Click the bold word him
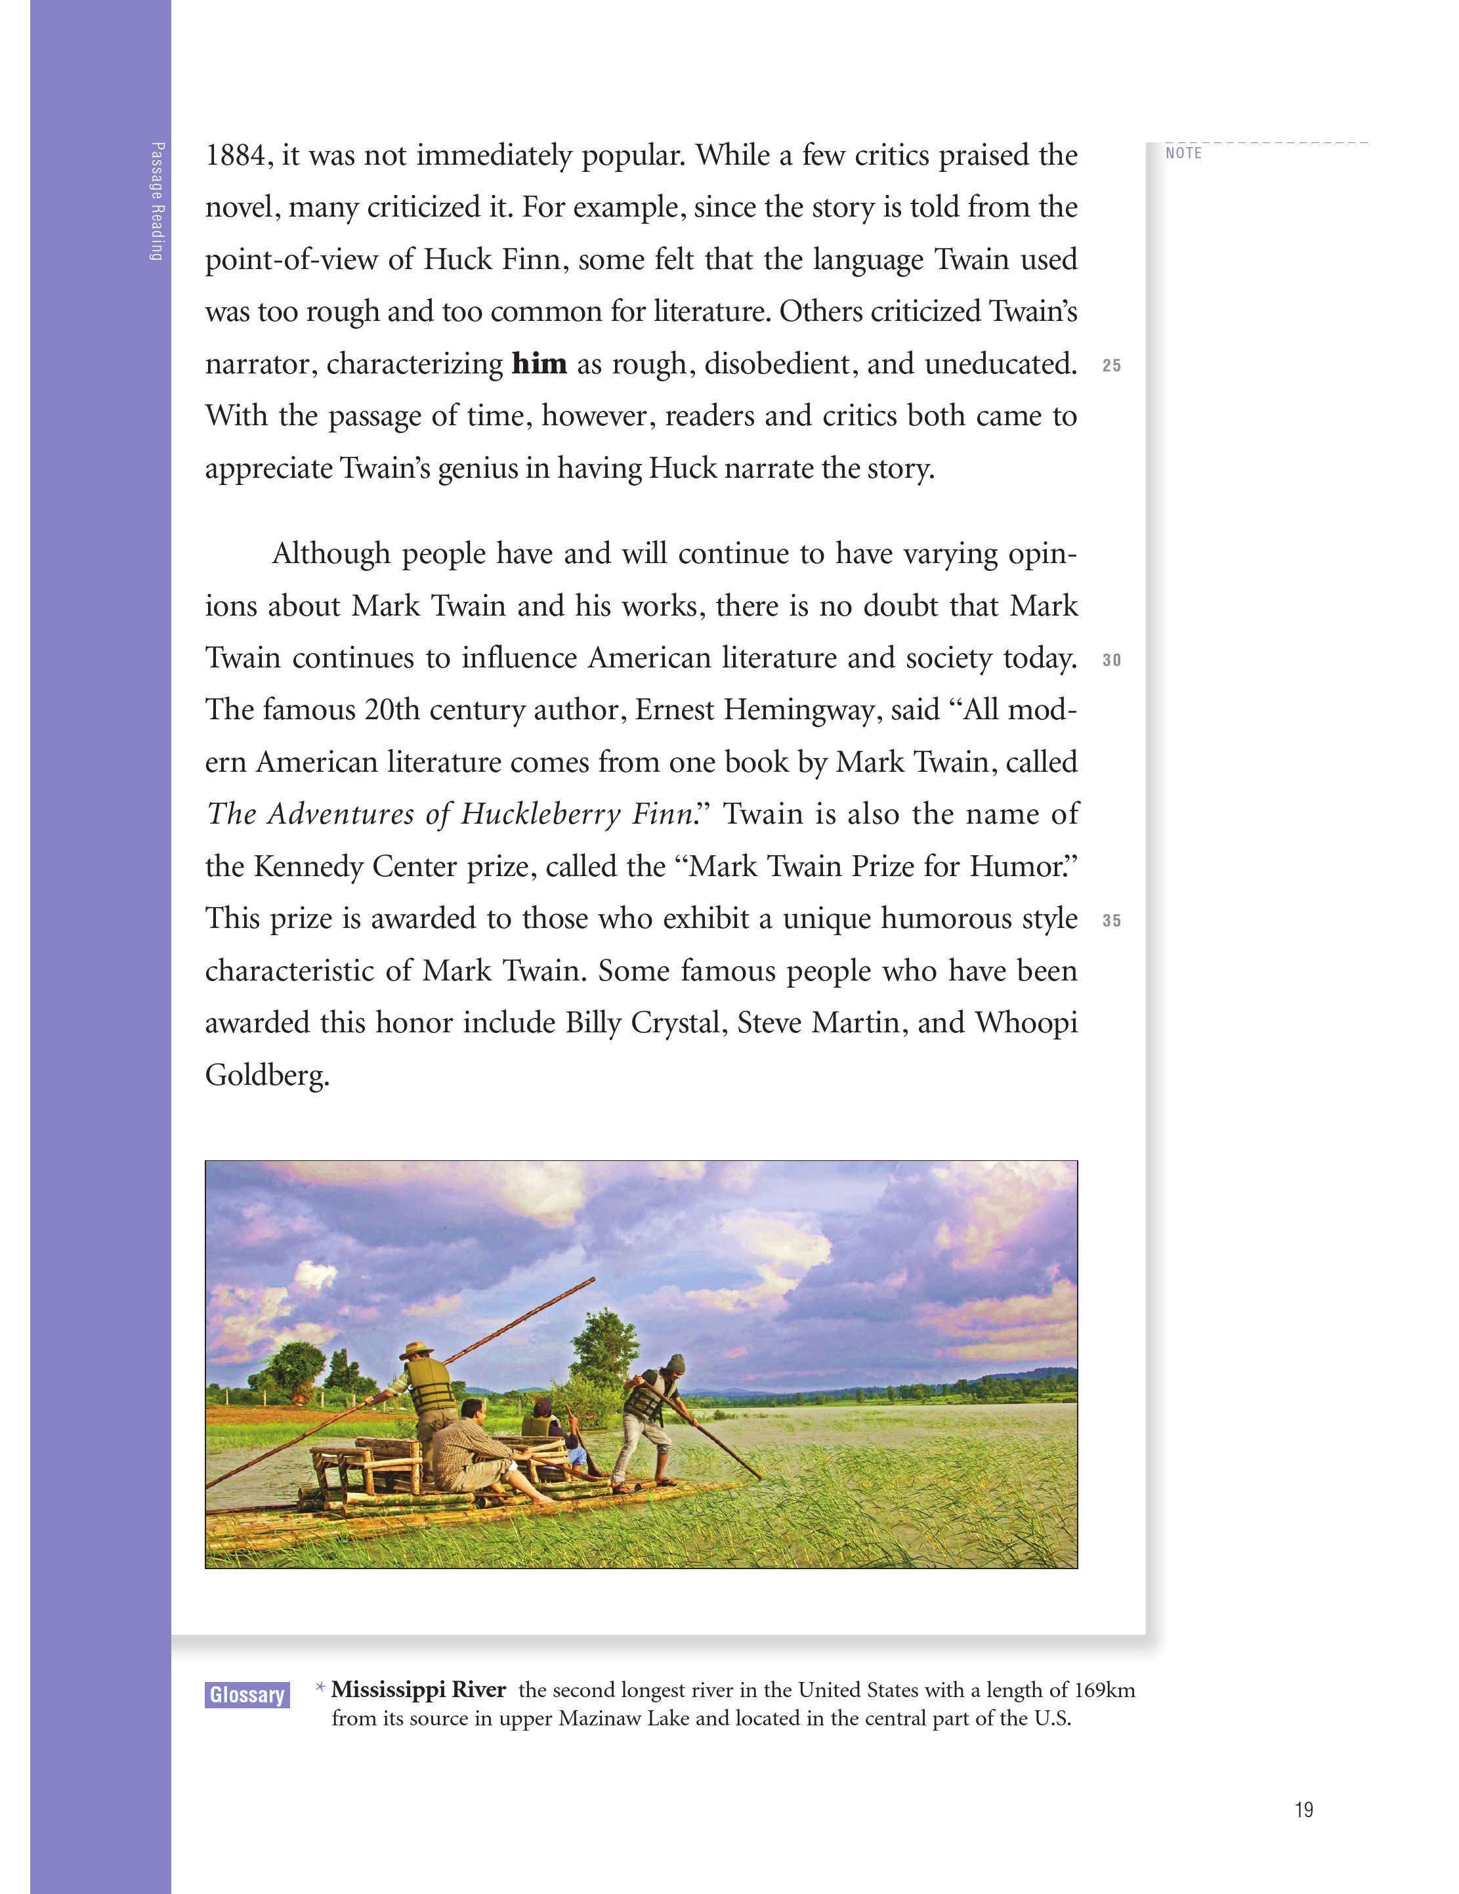click(539, 364)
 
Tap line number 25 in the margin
click(1111, 366)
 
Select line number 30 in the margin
click(1111, 661)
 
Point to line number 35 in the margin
click(1111, 921)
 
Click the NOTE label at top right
click(1183, 154)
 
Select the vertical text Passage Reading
click(156, 201)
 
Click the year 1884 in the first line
click(236, 156)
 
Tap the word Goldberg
click(266, 1076)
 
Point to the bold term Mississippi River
click(418, 1689)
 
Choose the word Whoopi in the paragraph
click(1026, 1023)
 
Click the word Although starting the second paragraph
click(331, 553)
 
